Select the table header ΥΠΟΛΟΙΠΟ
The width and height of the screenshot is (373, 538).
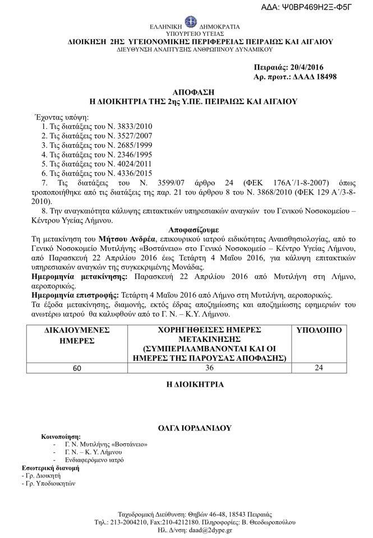(x=325, y=331)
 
